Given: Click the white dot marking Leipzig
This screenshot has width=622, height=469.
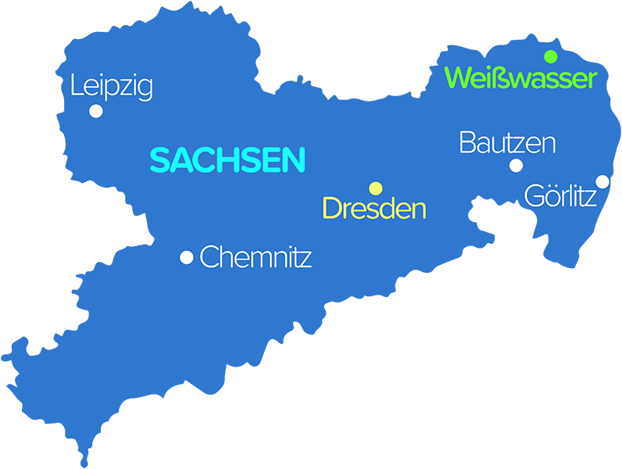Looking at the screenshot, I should tap(96, 111).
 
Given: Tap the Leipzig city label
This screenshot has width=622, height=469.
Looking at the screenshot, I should tap(111, 86).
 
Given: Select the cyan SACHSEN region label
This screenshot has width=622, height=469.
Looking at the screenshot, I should tap(227, 160).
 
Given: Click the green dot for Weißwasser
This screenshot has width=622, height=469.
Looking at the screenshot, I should tap(551, 56).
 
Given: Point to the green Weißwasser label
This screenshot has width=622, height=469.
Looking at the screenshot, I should tap(520, 77).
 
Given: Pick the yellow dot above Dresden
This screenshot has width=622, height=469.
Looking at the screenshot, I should tap(376, 188).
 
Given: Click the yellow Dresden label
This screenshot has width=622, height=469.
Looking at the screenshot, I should tap(374, 209).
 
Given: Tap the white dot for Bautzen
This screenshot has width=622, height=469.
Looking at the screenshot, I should tap(516, 165).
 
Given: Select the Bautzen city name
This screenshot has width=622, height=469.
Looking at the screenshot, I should tap(507, 143).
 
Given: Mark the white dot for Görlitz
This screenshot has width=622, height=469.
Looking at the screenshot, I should tap(602, 181).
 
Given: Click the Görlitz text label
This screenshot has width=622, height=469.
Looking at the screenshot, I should tap(560, 195).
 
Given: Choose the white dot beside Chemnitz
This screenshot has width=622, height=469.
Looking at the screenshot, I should tap(187, 257).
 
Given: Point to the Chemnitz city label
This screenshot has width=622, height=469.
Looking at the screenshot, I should tap(256, 257).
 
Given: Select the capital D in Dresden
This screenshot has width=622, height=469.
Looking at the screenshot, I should tap(332, 209).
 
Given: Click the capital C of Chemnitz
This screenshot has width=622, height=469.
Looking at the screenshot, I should tap(209, 257).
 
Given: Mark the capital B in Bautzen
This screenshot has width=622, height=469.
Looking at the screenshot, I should tap(467, 143).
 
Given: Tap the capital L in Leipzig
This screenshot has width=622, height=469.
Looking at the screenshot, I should tap(76, 85).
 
